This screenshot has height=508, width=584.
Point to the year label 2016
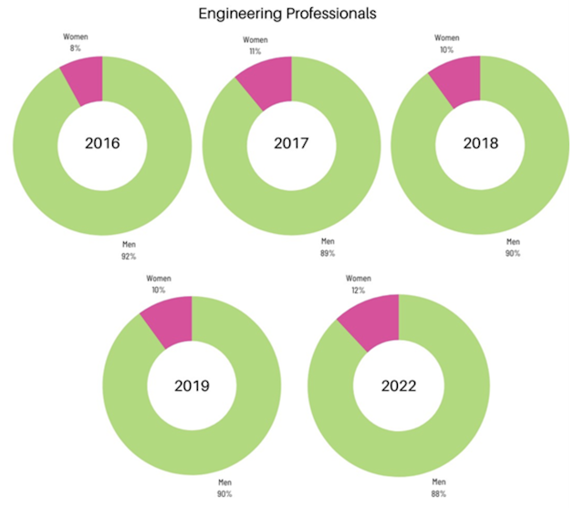tap(102, 144)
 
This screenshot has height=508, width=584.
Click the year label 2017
tap(292, 143)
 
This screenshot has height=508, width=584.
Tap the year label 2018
tap(480, 143)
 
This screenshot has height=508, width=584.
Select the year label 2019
tap(192, 386)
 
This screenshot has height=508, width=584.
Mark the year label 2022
tap(399, 386)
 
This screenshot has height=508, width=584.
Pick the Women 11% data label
tap(255, 47)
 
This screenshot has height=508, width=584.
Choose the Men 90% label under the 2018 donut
tap(512, 249)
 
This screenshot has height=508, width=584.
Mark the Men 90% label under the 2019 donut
tap(224, 489)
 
